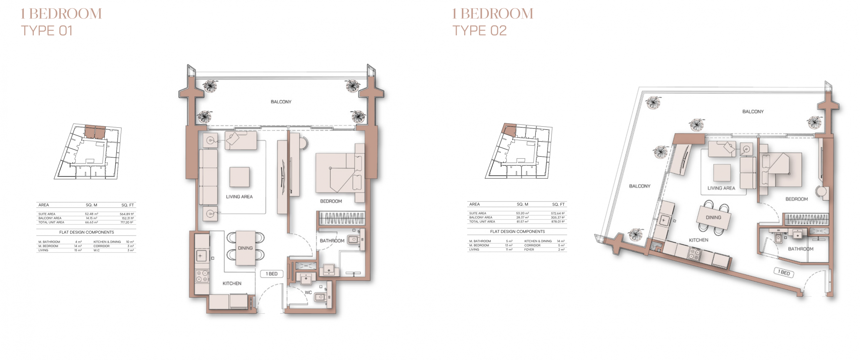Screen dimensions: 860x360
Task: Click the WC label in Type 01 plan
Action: [308, 292]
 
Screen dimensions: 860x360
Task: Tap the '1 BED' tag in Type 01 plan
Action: [272, 274]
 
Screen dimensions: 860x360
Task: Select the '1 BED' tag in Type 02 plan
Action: [784, 272]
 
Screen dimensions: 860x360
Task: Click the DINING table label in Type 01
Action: [245, 248]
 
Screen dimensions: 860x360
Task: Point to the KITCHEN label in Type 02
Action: [698, 240]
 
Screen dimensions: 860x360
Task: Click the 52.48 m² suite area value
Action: [91, 214]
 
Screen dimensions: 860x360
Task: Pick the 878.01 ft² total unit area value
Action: [558, 222]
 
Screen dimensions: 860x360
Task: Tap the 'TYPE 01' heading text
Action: [47, 31]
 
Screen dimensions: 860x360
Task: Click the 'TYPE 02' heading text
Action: [479, 31]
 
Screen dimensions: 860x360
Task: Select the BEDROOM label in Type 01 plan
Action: [331, 201]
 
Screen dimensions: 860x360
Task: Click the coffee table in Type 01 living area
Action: [240, 177]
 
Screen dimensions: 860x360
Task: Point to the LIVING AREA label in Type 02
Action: [721, 188]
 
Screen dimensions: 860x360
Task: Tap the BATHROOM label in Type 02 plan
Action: [801, 249]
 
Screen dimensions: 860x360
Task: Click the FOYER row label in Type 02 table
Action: [529, 250]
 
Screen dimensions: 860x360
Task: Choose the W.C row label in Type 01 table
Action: [97, 250]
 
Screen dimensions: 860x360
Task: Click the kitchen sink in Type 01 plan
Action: [201, 256]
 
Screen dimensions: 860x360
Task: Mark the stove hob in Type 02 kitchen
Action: [695, 253]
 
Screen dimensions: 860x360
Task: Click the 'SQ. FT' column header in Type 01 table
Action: [128, 205]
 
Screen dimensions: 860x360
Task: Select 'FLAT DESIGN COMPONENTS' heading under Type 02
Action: [517, 231]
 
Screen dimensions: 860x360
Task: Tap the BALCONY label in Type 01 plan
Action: [281, 102]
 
